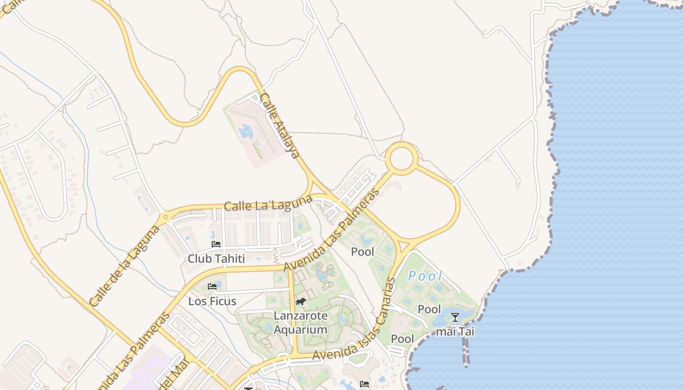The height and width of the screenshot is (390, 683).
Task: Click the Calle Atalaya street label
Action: [279, 126]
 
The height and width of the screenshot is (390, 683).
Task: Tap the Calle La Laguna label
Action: [268, 203]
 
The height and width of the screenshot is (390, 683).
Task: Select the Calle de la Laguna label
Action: [125, 266]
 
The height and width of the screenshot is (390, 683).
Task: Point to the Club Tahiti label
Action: [216, 258]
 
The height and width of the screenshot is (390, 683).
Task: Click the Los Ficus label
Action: [212, 301]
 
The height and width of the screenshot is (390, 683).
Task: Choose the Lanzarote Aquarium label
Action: [300, 323]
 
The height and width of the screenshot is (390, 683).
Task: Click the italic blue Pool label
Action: [425, 276]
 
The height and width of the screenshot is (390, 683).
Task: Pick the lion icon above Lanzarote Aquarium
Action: [300, 302]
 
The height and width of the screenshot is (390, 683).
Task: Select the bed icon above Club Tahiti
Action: [216, 244]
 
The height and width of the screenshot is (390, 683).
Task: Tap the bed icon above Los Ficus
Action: [212, 287]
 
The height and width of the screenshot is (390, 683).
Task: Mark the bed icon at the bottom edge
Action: [364, 384]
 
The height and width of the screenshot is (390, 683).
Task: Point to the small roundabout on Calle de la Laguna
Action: [165, 216]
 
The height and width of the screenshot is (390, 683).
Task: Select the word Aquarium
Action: [300, 330]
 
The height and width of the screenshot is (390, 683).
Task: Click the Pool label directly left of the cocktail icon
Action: [429, 310]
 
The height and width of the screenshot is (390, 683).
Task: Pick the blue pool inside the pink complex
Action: [245, 131]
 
